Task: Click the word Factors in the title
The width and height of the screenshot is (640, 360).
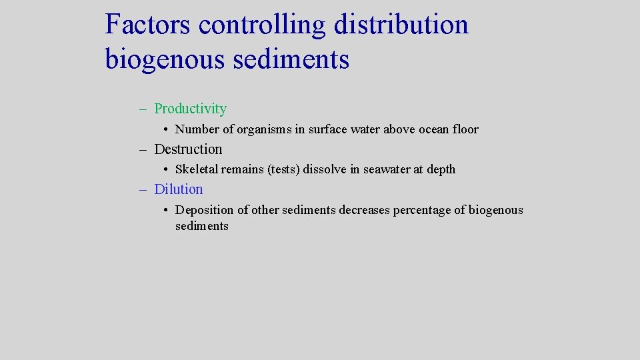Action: pos(148,25)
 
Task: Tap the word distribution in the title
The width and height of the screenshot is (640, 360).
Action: pos(401,25)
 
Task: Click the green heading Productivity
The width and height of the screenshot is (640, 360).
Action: pos(190,109)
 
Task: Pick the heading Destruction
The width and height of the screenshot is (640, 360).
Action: pos(188,149)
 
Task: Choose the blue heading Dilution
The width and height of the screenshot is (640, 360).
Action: pos(179,189)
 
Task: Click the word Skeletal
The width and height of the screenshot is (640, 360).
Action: pos(197,169)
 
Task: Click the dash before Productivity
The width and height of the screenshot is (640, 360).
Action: pos(143,109)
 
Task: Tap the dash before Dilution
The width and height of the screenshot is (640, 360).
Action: pos(143,190)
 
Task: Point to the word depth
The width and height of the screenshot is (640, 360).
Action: pos(441,169)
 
